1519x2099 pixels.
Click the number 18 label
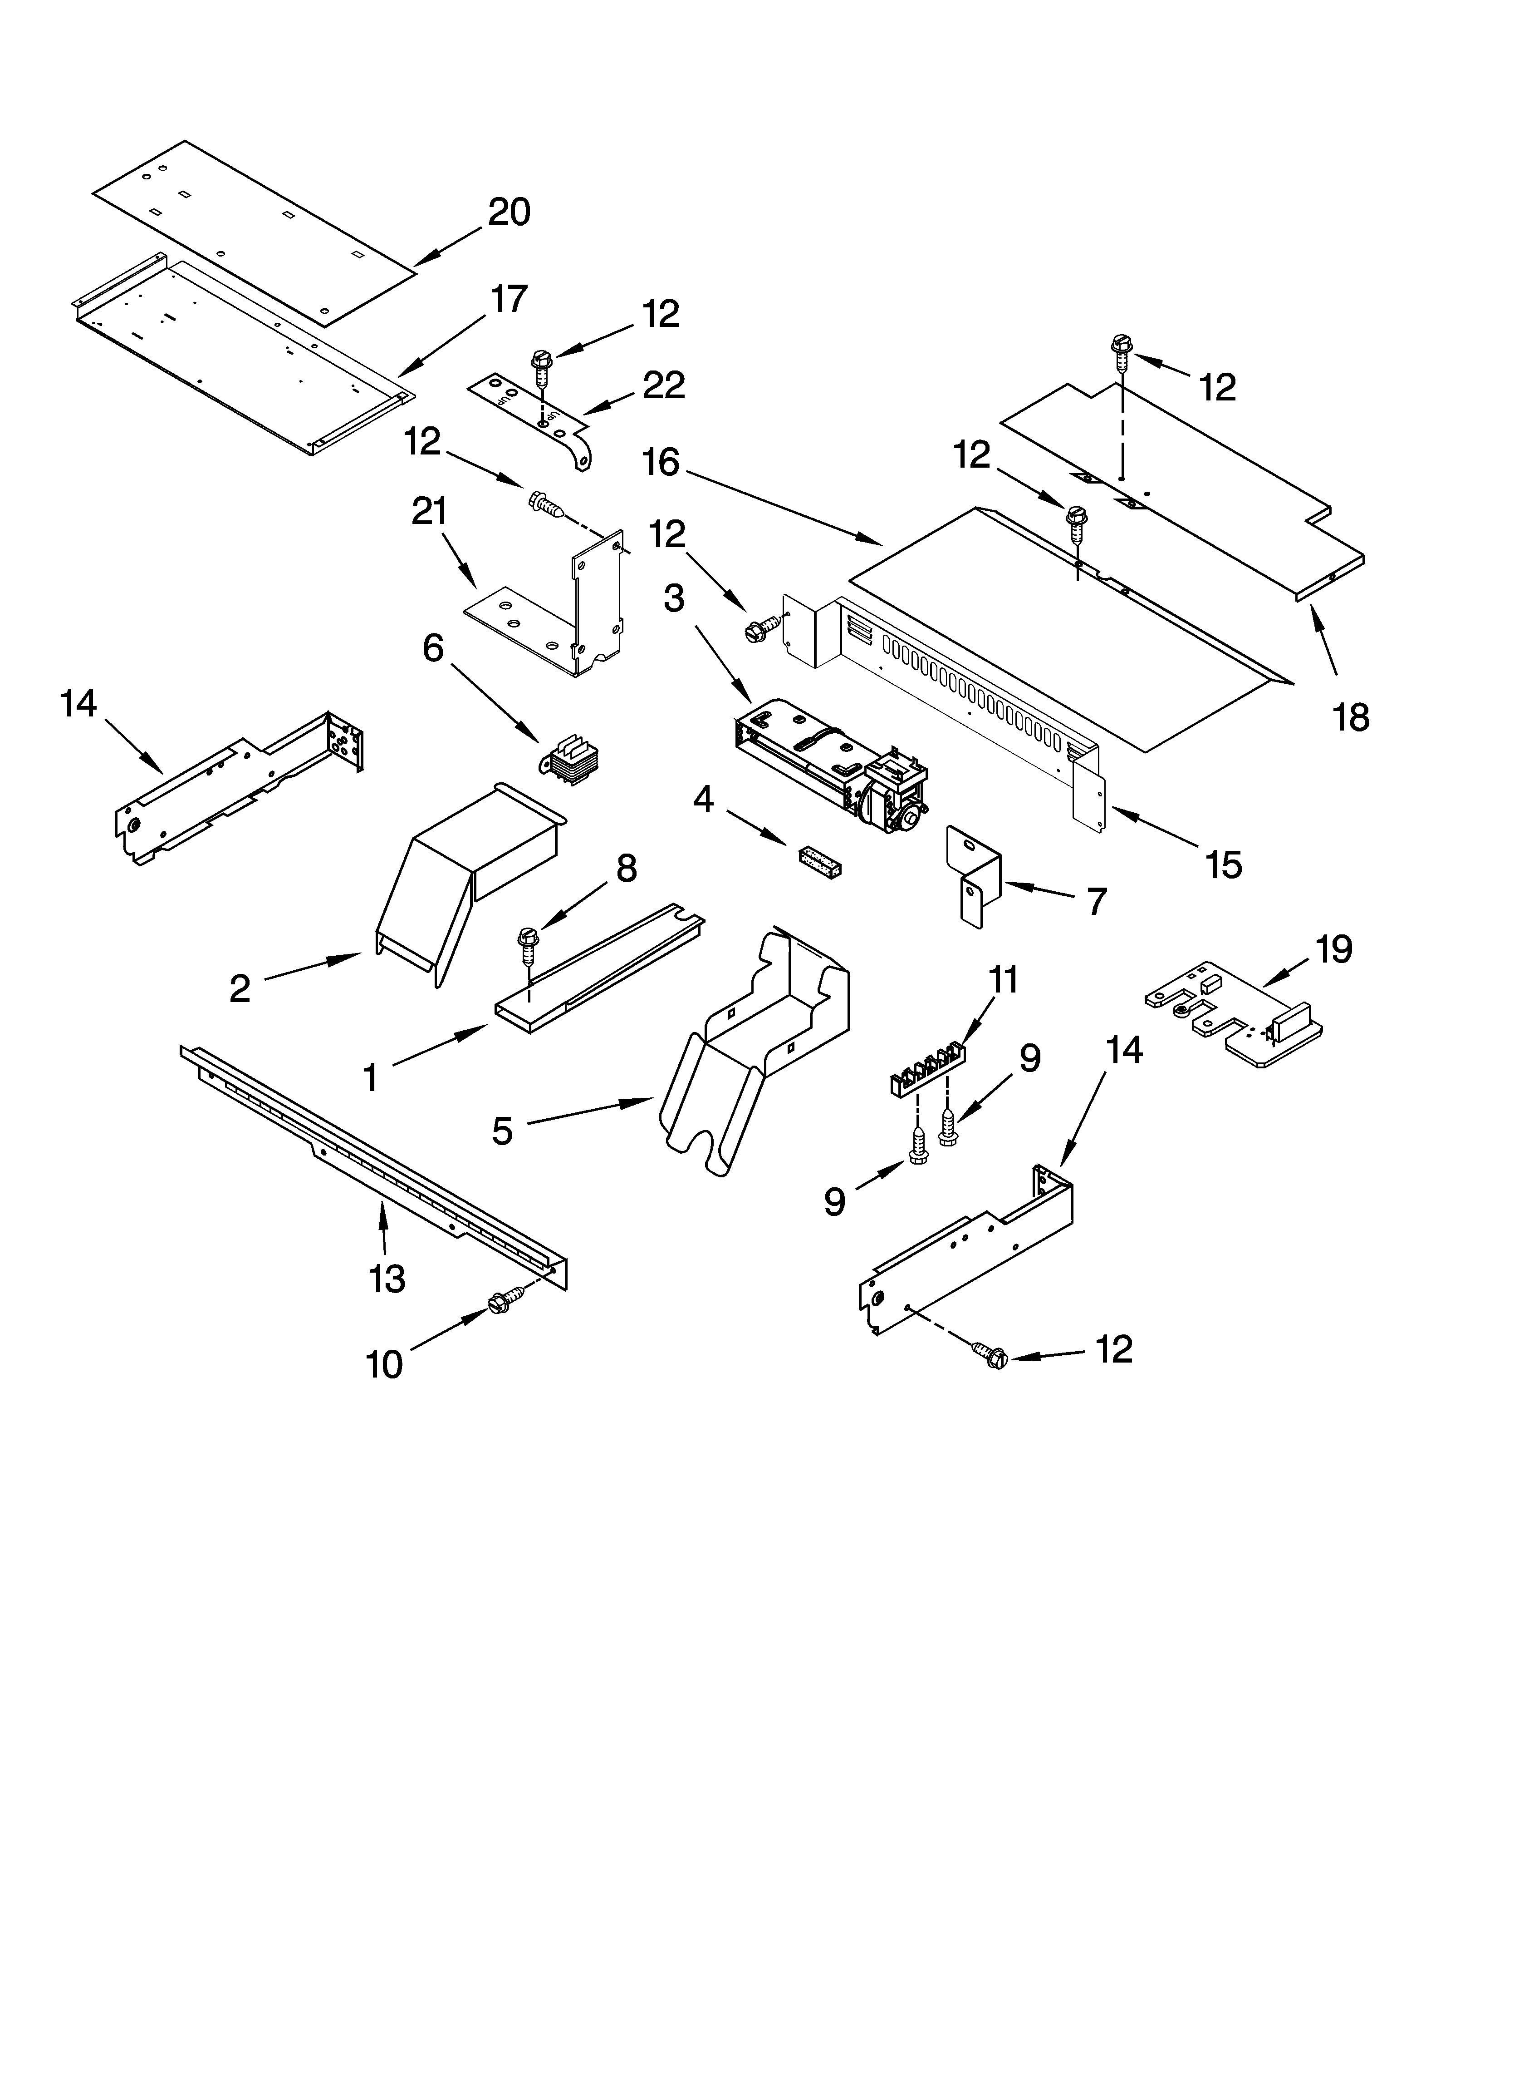tap(1351, 717)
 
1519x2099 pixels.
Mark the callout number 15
tap(1223, 865)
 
